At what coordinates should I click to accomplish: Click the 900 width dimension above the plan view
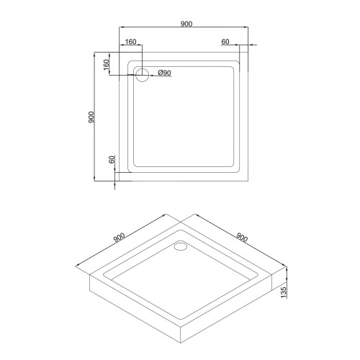[186, 24]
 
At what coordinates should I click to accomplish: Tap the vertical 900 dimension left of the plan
[91, 117]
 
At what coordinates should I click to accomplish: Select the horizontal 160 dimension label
[130, 42]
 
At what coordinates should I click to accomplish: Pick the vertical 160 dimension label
[106, 65]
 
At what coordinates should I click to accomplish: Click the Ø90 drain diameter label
[165, 73]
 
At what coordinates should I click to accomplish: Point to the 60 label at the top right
[225, 42]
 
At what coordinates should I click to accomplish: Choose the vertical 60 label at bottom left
[112, 159]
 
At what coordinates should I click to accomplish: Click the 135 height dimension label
[284, 292]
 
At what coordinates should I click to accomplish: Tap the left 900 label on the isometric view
[120, 238]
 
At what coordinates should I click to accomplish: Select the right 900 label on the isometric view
[242, 238]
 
